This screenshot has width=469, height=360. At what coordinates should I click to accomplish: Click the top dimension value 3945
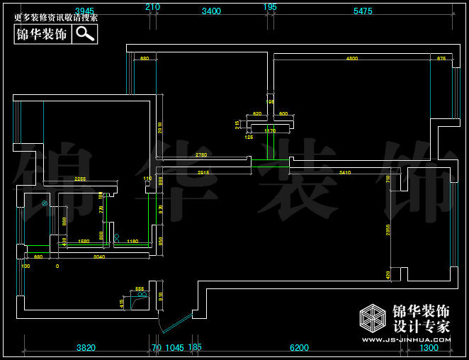tap(84, 11)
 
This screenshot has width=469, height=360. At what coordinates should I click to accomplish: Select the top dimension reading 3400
tap(211, 11)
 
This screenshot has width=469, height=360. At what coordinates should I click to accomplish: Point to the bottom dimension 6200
tap(300, 348)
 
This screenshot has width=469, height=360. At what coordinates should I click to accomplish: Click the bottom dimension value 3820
tap(86, 348)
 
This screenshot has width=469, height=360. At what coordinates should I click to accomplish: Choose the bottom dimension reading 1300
tap(429, 348)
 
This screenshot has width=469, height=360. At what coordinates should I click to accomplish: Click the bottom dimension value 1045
tap(174, 348)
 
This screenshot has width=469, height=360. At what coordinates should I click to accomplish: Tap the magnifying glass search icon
tap(85, 33)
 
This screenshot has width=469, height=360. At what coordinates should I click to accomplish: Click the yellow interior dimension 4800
tap(352, 58)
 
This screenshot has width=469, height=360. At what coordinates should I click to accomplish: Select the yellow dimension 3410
tap(345, 172)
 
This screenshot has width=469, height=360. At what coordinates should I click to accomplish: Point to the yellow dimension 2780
tap(201, 154)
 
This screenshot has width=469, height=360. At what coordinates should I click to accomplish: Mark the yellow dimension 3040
tap(99, 257)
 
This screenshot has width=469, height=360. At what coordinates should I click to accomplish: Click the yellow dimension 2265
tap(80, 179)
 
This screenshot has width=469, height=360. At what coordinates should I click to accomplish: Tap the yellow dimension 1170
tap(269, 130)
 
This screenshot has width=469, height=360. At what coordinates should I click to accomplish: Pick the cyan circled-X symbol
tap(45, 203)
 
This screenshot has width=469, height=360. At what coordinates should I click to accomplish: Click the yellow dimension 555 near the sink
tap(140, 288)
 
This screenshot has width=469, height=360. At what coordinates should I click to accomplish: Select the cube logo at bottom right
tap(374, 320)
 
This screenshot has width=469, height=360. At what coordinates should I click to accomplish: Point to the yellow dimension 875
tap(441, 58)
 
